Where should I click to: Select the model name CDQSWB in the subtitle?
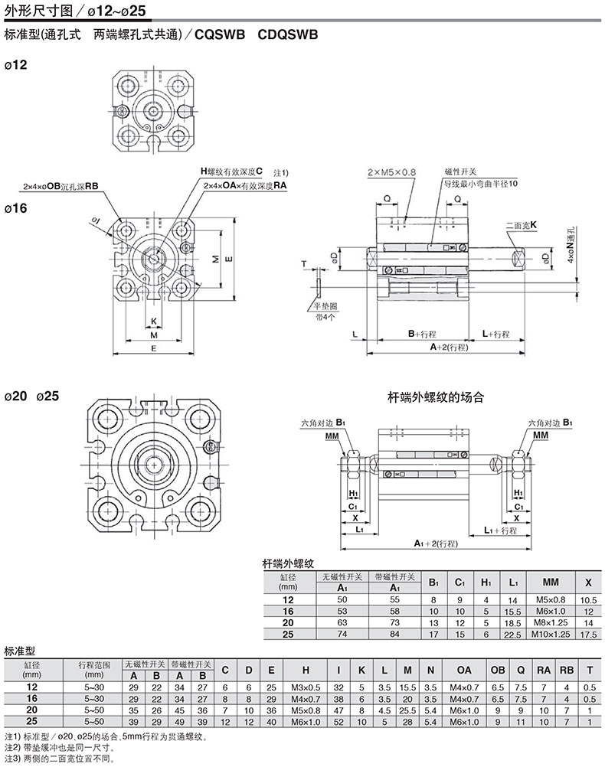[288, 34]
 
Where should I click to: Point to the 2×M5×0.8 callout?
[391, 173]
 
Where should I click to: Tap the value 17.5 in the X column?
[587, 634]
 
